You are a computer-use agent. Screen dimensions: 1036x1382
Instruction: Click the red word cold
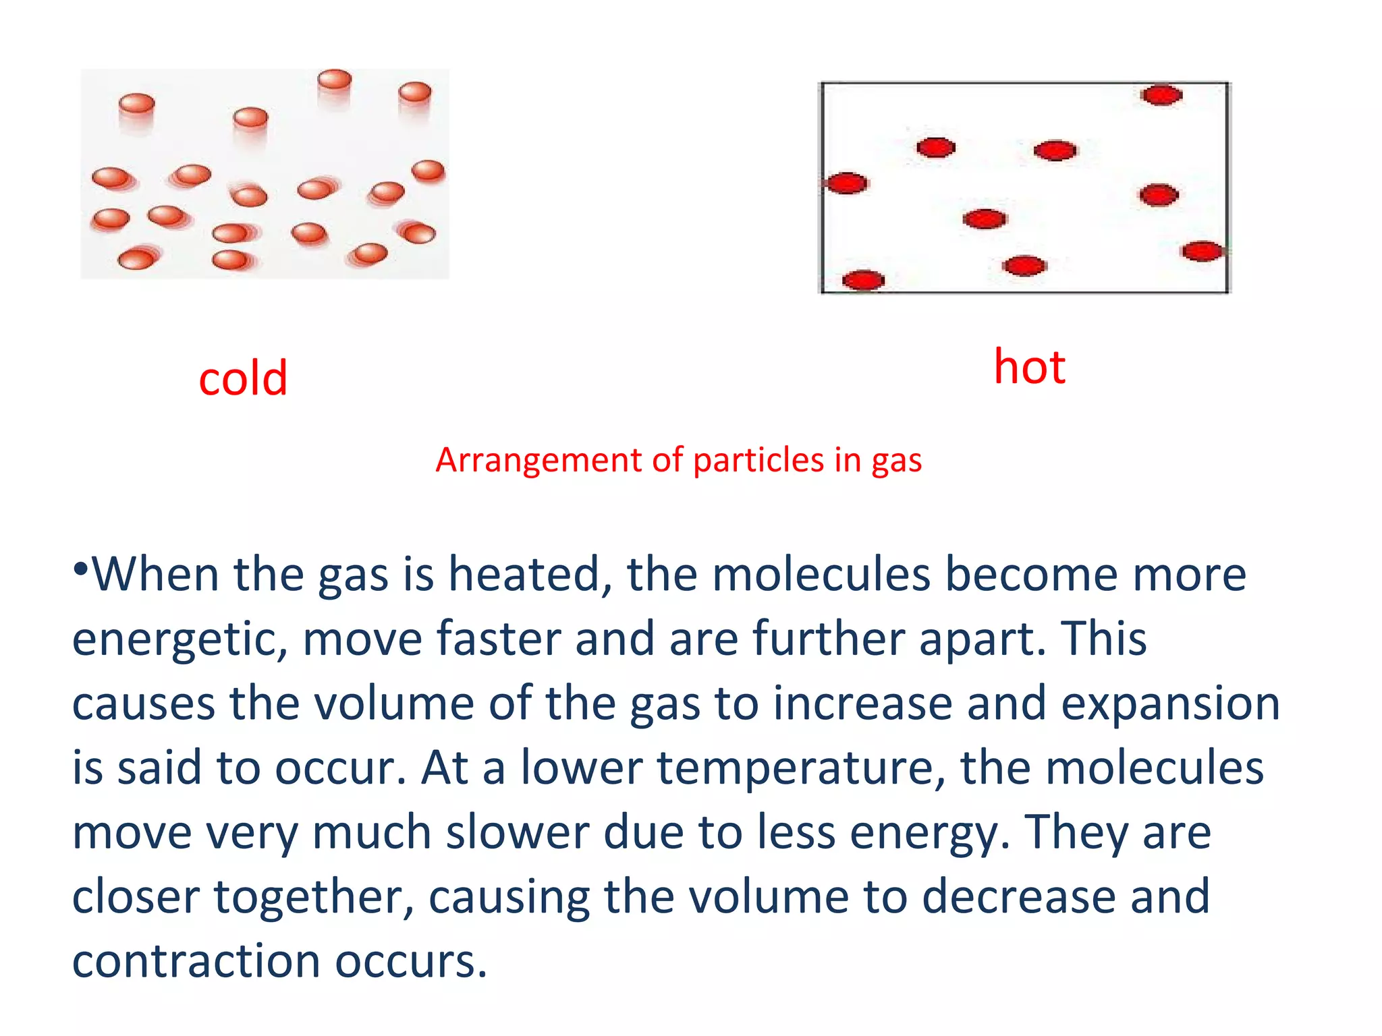pos(243,378)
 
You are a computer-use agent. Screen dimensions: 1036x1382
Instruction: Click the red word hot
pos(1029,368)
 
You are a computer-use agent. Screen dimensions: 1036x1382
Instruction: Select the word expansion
pos(1169,704)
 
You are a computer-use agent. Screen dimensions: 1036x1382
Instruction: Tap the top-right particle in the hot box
pos(1161,95)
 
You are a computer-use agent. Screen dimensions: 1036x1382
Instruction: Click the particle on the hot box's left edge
pos(847,183)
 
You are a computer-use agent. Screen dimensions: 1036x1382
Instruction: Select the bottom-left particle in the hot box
pos(863,280)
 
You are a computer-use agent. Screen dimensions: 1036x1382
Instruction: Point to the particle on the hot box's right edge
pos(1202,252)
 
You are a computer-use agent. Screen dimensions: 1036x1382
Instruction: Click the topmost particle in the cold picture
pos(335,80)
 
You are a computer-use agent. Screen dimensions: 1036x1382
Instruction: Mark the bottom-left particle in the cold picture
pos(136,259)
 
